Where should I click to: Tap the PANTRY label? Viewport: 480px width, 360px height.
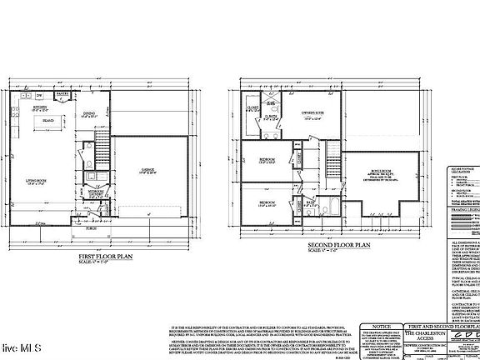[61, 96]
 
